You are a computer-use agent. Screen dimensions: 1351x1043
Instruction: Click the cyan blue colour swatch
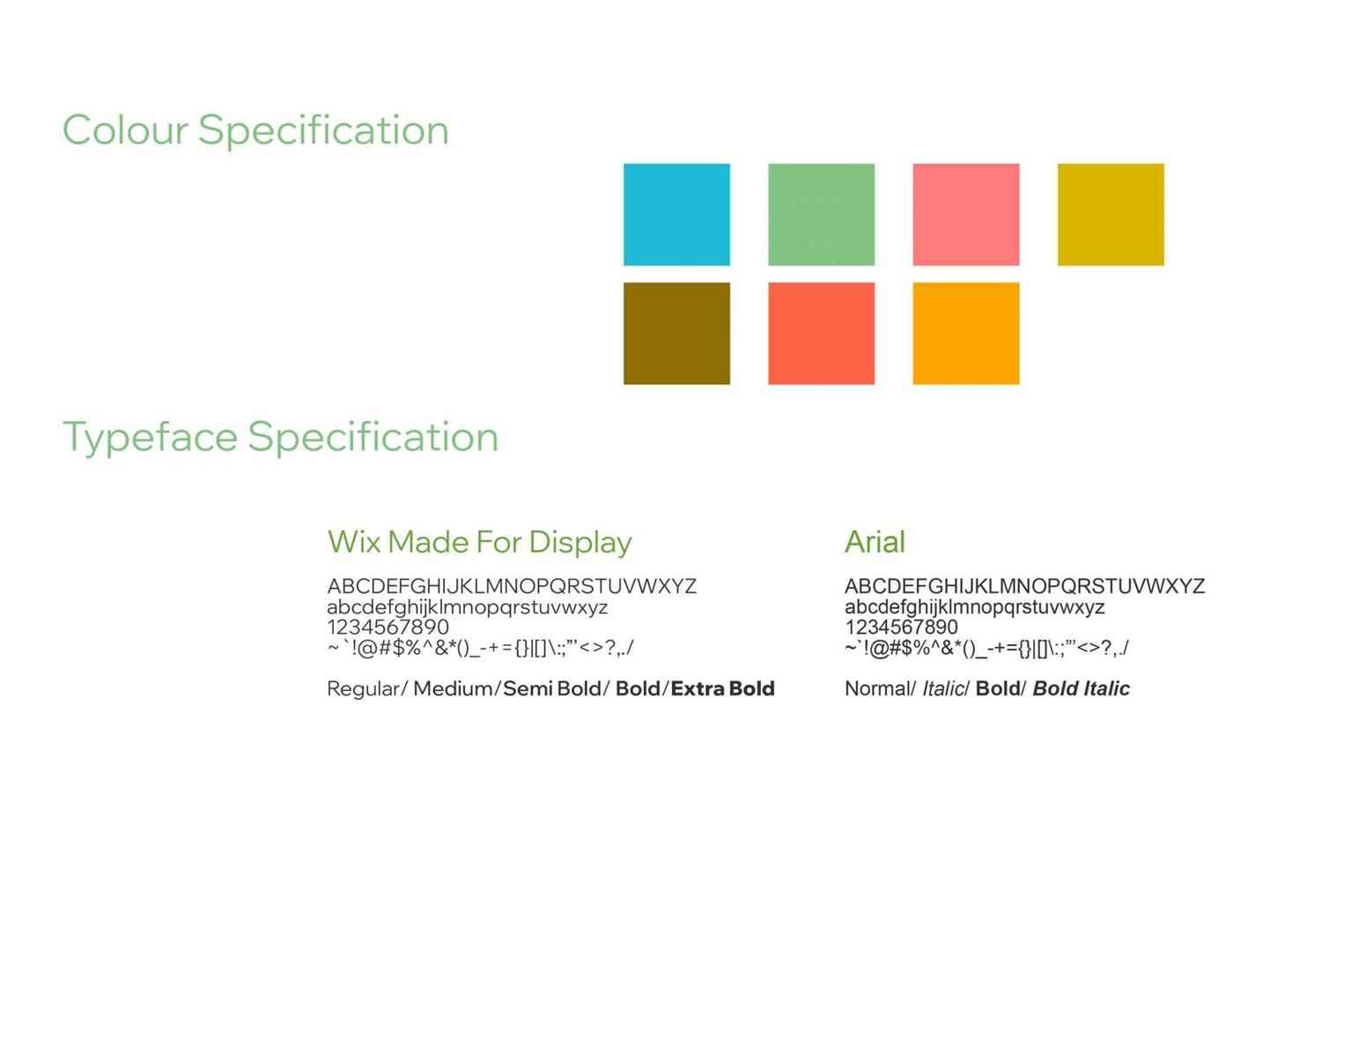[676, 214]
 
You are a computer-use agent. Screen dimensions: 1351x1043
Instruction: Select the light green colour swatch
[822, 214]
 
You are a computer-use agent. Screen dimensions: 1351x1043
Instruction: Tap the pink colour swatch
[966, 214]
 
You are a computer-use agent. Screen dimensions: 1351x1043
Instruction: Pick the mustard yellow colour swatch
[1111, 214]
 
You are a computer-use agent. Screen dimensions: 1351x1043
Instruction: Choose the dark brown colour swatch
[676, 334]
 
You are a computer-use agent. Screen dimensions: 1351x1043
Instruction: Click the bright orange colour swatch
[966, 334]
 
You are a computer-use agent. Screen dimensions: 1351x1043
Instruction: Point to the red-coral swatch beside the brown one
[822, 334]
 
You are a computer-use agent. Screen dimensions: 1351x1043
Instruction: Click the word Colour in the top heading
[125, 130]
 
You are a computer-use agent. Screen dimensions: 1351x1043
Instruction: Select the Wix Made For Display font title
[479, 541]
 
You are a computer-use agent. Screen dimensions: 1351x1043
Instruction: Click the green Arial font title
[875, 541]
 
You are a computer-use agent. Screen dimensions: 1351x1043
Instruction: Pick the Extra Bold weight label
[723, 688]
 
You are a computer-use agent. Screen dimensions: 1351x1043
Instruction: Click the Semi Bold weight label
[552, 688]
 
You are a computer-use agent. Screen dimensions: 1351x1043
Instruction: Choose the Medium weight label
[453, 688]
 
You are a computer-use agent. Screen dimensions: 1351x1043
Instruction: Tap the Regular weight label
[364, 689]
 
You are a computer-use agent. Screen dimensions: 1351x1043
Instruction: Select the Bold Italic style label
[1082, 688]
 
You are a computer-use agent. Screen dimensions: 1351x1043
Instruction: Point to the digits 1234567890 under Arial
[902, 627]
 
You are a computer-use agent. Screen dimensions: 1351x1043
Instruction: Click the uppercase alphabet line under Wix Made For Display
[512, 586]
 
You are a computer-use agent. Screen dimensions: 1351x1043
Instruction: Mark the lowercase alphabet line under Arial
[975, 607]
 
